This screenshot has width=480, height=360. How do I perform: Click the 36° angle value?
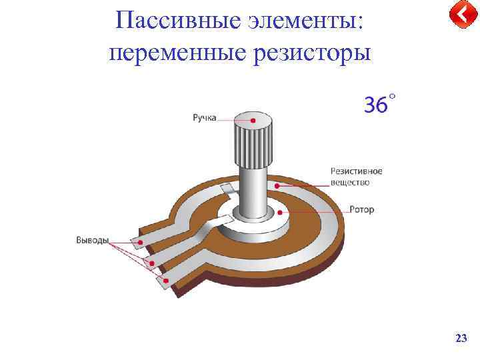click(379, 104)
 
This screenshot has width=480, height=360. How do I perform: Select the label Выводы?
click(92, 240)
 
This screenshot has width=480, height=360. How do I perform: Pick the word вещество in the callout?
click(349, 181)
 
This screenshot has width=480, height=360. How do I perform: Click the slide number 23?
click(460, 339)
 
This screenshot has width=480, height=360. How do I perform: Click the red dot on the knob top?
click(253, 121)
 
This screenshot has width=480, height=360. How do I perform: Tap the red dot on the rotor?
click(280, 213)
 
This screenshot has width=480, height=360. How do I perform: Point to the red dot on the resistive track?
click(277, 185)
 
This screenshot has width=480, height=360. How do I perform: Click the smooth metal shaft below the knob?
click(253, 190)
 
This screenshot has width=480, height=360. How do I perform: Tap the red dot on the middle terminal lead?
click(151, 263)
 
